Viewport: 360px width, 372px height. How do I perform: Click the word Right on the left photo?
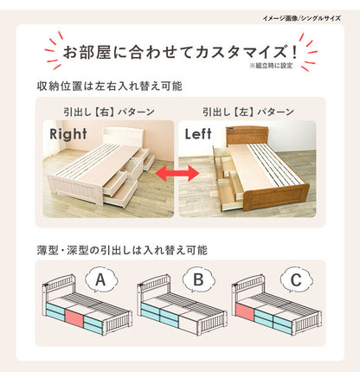pyautogui.click(x=69, y=135)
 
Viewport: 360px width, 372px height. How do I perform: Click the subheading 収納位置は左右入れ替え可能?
pyautogui.click(x=110, y=87)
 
